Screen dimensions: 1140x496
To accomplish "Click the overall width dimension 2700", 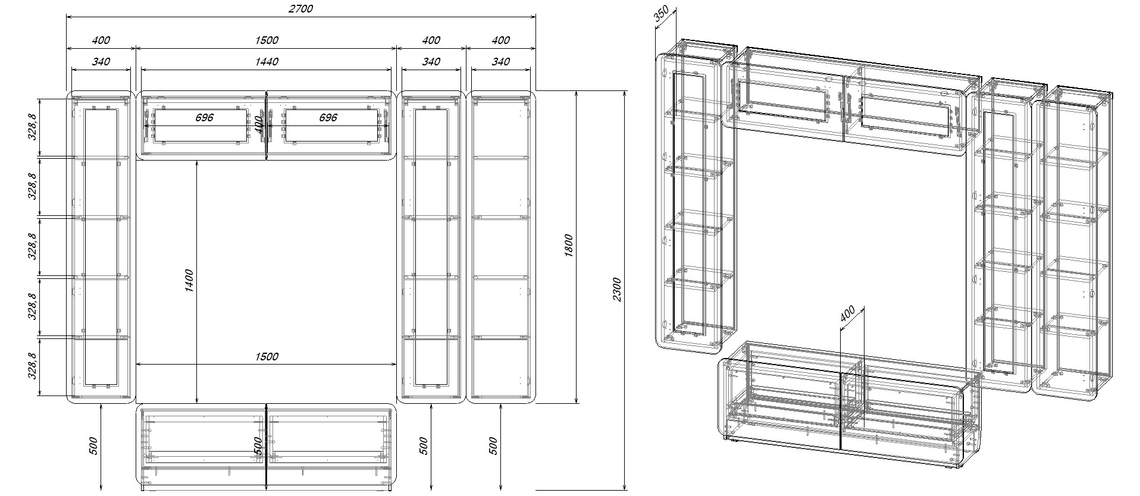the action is click(x=301, y=8).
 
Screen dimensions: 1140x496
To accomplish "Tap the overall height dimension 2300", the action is click(x=617, y=289).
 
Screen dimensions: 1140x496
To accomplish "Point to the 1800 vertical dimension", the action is click(x=569, y=246).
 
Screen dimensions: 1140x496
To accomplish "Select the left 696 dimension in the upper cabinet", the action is click(x=204, y=117).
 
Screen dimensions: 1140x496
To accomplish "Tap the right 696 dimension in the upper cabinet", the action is click(x=328, y=117).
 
